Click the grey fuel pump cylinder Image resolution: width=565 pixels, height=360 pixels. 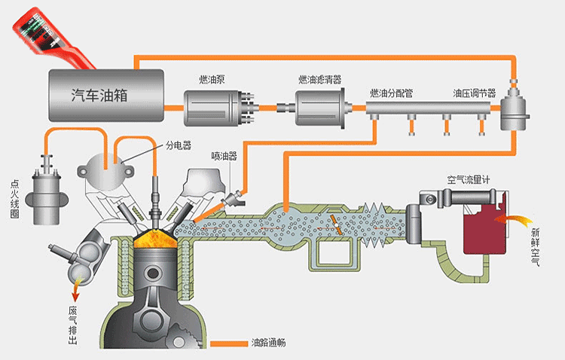[215, 108]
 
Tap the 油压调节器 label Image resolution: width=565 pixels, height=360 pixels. [474, 93]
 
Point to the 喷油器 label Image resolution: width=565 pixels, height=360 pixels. [224, 156]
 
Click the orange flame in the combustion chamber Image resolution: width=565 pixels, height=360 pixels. [155, 241]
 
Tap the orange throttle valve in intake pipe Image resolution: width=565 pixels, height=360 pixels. [336, 224]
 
